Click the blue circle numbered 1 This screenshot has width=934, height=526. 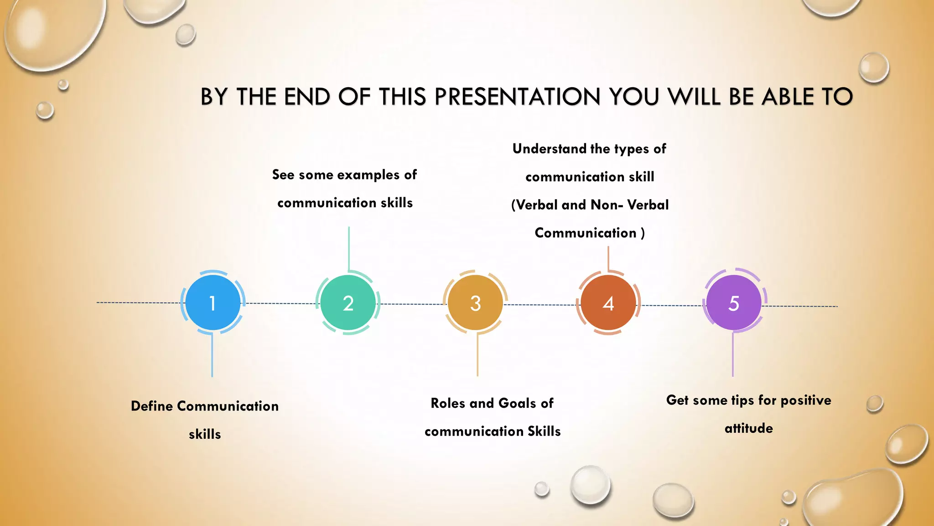(x=213, y=303)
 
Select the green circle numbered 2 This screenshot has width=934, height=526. (x=348, y=303)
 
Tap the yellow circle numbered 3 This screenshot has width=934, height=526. (x=475, y=303)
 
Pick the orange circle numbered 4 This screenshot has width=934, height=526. (x=608, y=303)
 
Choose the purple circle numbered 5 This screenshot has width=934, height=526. (x=733, y=303)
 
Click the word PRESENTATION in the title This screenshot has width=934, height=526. (x=517, y=97)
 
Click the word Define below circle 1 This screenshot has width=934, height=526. (x=151, y=406)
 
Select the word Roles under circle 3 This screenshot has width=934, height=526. (x=448, y=403)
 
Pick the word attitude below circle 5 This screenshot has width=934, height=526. (x=748, y=428)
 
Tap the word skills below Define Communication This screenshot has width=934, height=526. (x=205, y=434)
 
